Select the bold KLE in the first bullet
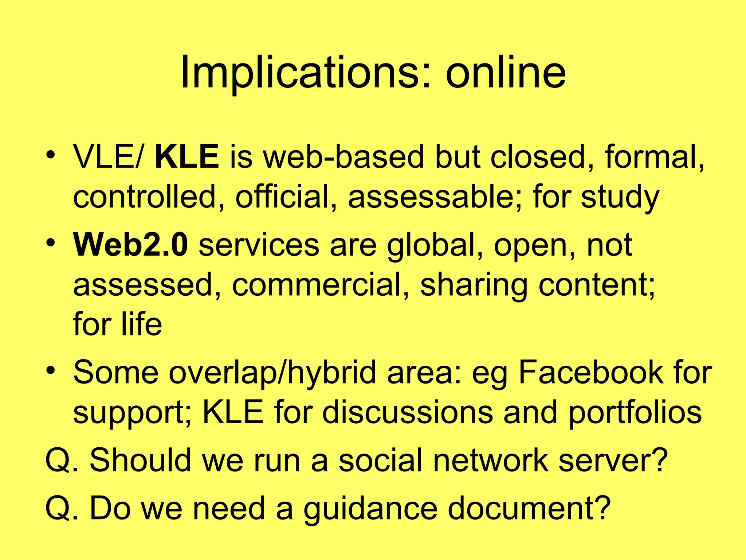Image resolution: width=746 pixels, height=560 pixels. coord(186,157)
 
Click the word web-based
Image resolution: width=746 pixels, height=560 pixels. coord(343,157)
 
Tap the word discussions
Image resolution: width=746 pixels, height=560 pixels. coord(407,412)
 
